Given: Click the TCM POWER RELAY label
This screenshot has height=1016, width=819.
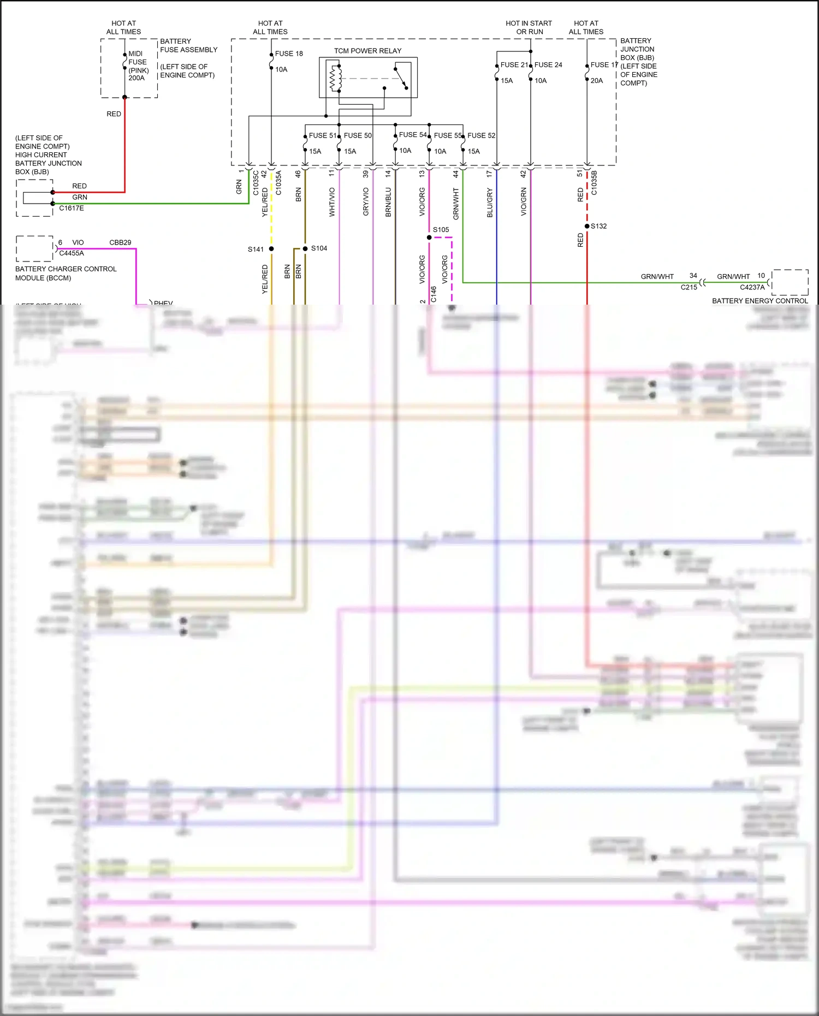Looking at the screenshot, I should [x=367, y=51].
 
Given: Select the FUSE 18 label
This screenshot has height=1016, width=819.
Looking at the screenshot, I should [x=289, y=54].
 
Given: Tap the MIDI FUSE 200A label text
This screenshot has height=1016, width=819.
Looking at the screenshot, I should [x=138, y=66].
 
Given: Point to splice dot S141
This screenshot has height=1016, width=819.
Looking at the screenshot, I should [x=271, y=249].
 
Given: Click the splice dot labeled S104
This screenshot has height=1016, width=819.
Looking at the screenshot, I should [x=305, y=248].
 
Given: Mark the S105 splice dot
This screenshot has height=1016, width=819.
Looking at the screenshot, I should [x=429, y=237].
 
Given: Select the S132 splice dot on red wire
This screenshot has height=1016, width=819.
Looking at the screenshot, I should [x=587, y=226].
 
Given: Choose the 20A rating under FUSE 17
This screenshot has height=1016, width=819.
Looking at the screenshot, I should [x=597, y=81].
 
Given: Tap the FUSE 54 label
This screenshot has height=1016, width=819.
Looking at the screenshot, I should [x=413, y=135].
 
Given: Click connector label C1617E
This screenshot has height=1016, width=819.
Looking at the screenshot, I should [x=72, y=208].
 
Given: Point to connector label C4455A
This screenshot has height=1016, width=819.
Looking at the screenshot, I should [x=72, y=253].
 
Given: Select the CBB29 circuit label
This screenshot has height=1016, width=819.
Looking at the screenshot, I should [x=120, y=242].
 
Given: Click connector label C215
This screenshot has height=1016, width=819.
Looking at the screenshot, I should [x=689, y=287].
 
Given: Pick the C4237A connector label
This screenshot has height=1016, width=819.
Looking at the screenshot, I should [x=752, y=287].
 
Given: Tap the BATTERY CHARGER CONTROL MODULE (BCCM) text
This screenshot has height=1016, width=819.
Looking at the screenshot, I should [x=66, y=274].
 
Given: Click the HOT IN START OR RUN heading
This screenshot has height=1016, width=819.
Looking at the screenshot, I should [x=529, y=27].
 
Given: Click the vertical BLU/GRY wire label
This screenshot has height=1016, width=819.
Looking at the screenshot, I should [x=490, y=203].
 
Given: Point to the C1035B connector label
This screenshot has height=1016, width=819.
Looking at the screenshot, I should [x=594, y=183].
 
